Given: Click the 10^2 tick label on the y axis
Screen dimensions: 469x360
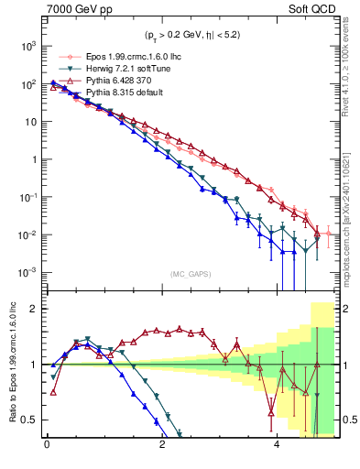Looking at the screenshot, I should coord(27,83).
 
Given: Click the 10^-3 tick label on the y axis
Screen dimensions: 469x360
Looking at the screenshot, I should coord(27,272).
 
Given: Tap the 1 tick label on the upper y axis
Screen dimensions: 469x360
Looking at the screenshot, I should coord(32,159).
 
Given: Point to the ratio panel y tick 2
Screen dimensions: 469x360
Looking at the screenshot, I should coord(34,309).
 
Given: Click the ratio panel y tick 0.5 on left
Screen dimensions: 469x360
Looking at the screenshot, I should coord(29,420).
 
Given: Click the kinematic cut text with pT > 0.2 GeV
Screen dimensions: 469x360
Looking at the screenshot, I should coord(191,36).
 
